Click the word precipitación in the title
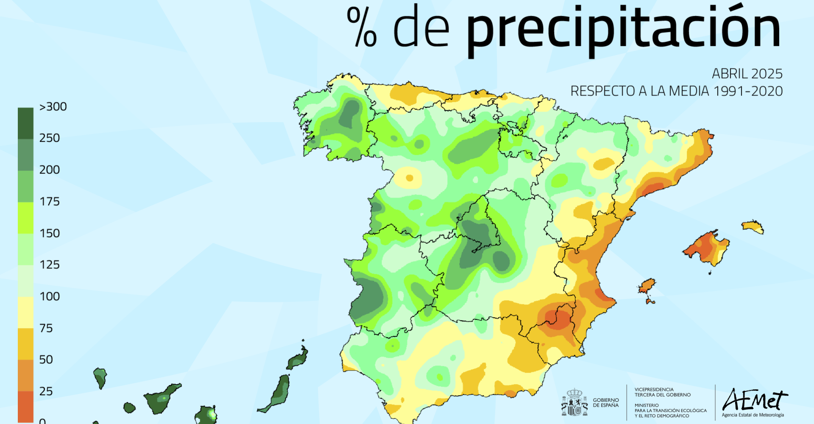623,30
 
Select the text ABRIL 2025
747,74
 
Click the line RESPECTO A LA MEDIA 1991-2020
676,91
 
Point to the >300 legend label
53,107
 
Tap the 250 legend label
50,138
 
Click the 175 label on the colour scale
50,201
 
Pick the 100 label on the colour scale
50,296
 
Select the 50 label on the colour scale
46,360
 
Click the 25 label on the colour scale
46,391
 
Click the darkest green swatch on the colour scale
25,123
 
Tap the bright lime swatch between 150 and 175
25,218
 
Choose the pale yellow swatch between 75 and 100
25,312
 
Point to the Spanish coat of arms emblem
574,402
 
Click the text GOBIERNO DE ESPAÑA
606,403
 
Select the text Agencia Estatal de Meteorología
753,415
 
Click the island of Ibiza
647,286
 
